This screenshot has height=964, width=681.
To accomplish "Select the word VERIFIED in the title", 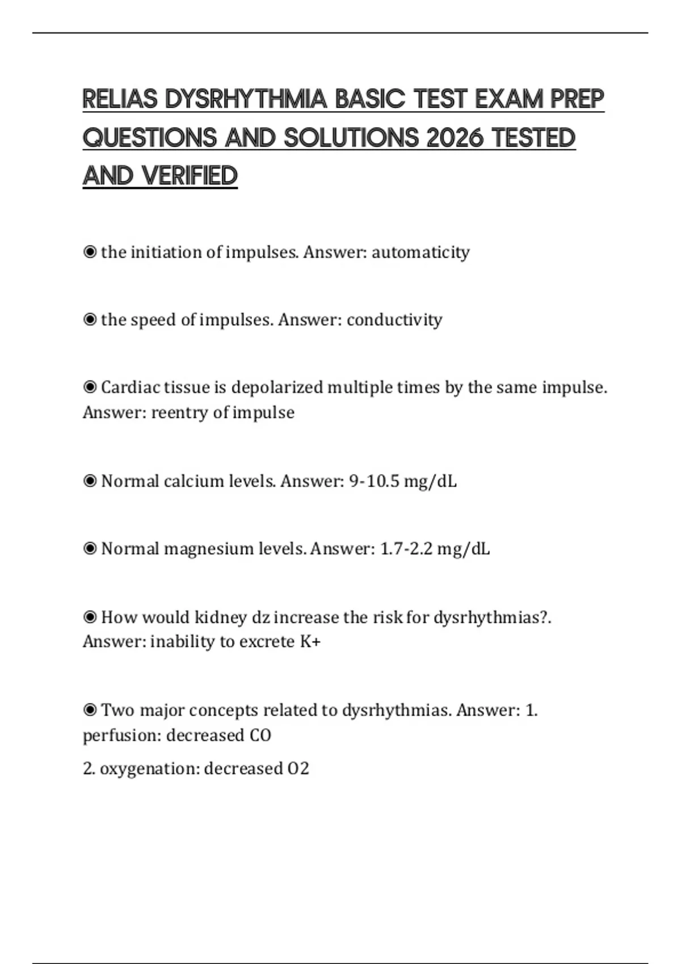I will pos(190,176).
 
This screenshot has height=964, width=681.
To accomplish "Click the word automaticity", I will pos(421,252).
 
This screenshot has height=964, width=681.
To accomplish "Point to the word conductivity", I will pos(394,320).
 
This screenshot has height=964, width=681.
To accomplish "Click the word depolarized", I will pos(277,387).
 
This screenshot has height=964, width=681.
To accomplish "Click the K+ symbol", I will pos(310,642).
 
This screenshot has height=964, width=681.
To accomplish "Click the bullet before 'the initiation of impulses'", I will pos(90,252).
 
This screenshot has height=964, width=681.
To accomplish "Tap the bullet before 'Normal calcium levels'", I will pos(90,481).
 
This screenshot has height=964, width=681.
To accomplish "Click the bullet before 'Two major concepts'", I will pos(90,710).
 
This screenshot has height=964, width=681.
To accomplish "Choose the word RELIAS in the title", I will pos(120,100).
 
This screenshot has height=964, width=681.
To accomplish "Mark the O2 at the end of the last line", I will pos(299,769).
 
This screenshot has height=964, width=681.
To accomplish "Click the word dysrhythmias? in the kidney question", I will pos(491,617).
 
